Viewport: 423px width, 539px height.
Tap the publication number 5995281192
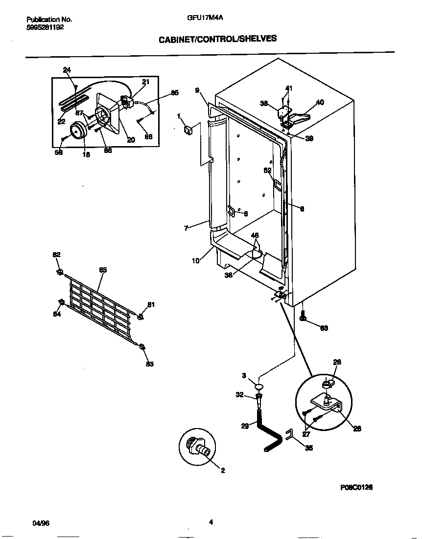click(x=45, y=27)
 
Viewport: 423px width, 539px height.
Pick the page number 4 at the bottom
click(x=211, y=522)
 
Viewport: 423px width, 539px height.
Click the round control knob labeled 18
click(x=78, y=131)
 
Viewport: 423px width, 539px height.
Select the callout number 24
click(x=67, y=70)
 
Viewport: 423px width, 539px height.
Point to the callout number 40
click(x=320, y=102)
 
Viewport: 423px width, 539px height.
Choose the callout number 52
click(x=267, y=171)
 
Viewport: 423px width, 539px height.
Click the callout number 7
click(x=186, y=228)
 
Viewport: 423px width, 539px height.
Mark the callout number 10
click(x=195, y=261)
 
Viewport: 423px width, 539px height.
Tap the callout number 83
click(x=150, y=363)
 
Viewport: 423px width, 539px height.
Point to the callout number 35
click(x=308, y=447)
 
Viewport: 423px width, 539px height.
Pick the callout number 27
click(x=307, y=433)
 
